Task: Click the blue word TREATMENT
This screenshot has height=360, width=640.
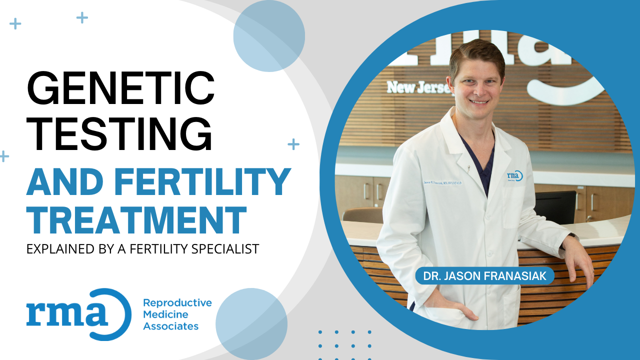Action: (x=136, y=220)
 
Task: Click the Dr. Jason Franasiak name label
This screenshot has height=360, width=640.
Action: (x=484, y=275)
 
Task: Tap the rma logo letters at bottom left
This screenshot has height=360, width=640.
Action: (x=67, y=313)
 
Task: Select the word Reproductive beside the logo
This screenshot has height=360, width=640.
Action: (x=177, y=303)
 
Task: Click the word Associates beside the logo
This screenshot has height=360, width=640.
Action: (x=170, y=326)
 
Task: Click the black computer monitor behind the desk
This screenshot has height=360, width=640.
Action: (x=554, y=206)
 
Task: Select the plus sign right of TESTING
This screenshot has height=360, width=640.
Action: (x=293, y=144)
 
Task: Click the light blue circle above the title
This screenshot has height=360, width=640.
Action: (x=269, y=36)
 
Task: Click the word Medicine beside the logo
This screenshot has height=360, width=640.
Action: (x=165, y=315)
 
